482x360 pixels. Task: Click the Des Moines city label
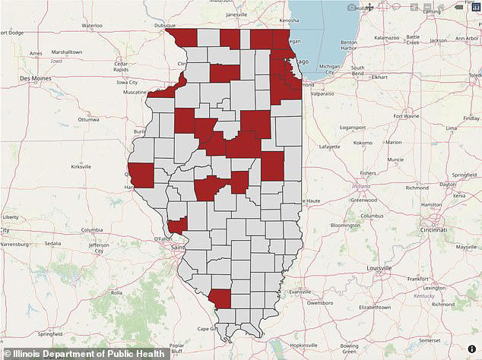(34, 77)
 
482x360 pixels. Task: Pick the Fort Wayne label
(407, 116)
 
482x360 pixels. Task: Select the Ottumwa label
(88, 119)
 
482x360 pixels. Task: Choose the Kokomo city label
(362, 142)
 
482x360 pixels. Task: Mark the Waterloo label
(91, 25)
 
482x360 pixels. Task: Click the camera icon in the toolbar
(352, 8)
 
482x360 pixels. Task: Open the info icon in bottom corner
(471, 349)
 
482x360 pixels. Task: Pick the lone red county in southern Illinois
(219, 298)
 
